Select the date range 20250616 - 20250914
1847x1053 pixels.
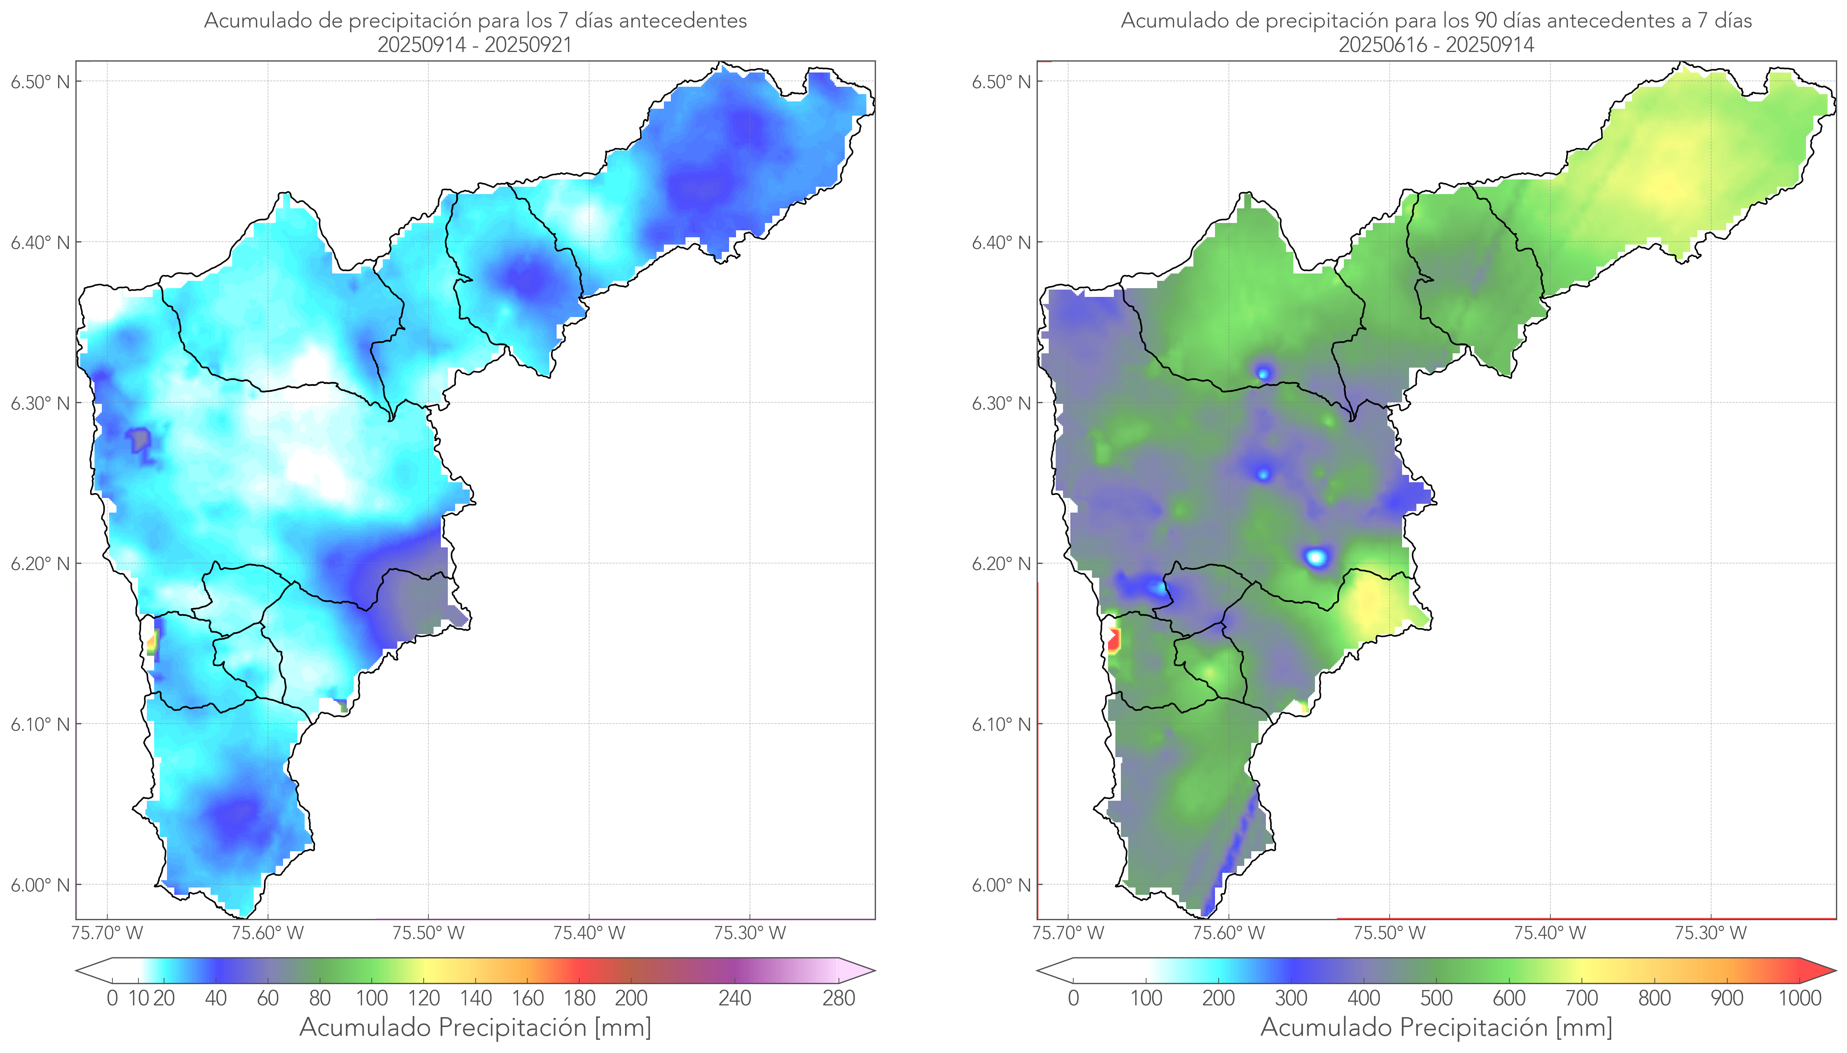(1436, 45)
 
